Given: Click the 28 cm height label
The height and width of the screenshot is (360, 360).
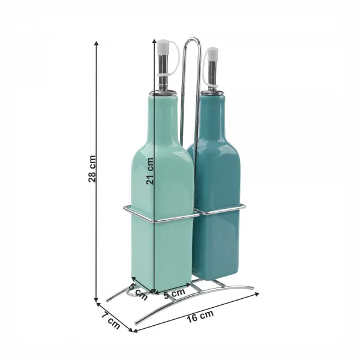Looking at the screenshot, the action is click(92, 169).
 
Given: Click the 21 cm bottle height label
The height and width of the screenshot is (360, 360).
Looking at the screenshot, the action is click(149, 171).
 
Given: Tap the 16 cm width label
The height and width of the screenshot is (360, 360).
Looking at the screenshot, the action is click(200, 316).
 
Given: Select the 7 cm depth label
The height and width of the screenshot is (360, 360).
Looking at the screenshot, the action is click(111, 320).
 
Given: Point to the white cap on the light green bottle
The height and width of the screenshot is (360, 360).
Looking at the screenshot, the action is click(163, 47).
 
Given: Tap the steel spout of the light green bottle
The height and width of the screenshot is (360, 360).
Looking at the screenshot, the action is click(163, 69).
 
